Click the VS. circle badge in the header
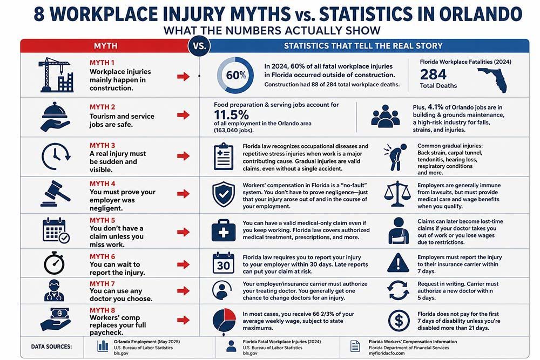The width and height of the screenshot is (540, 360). point(199,46)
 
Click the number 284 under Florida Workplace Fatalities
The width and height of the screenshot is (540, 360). point(433,74)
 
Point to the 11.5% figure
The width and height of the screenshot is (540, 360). point(231,114)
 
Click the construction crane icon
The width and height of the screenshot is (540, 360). point(56,74)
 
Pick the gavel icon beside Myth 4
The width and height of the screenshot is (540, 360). point(56,194)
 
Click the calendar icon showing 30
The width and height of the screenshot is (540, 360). point(223,263)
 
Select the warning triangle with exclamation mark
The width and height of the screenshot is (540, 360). point(398,263)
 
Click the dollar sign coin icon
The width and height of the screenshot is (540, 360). point(399,321)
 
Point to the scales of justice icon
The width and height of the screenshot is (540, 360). point(397,194)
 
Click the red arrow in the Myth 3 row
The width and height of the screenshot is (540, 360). point(183,156)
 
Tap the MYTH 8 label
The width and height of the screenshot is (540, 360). point(102,310)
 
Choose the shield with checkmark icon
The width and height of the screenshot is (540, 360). point(224,194)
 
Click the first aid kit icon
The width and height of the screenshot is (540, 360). point(224,230)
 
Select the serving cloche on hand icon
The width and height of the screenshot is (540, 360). point(55,117)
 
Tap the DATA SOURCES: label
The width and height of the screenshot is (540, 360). point(52,347)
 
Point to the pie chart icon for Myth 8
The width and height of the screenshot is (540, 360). point(224,321)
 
